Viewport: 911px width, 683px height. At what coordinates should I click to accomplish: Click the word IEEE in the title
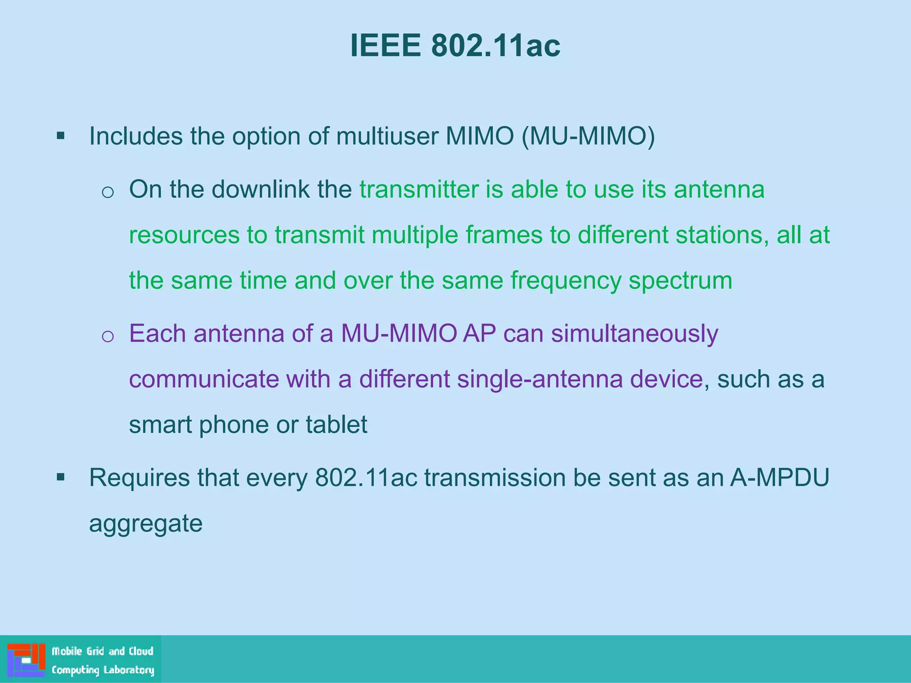pos(385,46)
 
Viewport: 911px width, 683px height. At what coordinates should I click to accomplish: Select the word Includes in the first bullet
pos(136,136)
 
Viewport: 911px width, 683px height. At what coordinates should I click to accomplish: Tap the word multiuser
pos(387,136)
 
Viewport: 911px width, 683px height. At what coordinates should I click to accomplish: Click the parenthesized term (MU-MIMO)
pos(588,136)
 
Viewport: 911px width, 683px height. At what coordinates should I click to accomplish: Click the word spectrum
pos(680,281)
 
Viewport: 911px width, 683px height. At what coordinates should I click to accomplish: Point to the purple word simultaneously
pos(634,334)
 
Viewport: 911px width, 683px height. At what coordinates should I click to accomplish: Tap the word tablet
pos(336,425)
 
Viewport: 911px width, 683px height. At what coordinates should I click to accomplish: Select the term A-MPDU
pos(780,478)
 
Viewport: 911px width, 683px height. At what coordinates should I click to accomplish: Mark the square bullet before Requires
pos(61,478)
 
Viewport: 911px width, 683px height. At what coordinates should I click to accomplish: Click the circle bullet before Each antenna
pos(108,337)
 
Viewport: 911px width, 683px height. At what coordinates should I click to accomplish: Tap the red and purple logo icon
pos(26,660)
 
